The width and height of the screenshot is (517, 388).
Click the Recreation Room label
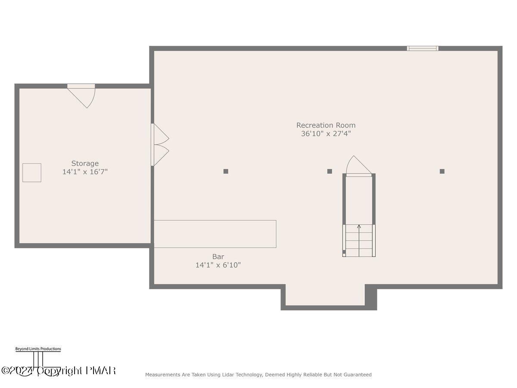(x=326, y=125)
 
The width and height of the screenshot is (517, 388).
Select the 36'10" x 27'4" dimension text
(x=326, y=134)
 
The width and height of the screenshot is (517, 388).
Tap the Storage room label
(x=85, y=163)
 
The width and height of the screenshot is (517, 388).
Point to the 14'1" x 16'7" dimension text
(x=85, y=172)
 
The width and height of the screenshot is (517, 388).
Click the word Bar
(x=218, y=257)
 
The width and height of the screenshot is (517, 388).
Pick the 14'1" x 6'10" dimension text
(x=218, y=265)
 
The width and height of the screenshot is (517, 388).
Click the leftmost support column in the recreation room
(x=226, y=171)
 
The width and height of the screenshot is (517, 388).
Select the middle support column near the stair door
(x=330, y=171)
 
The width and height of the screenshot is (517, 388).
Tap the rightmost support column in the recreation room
(x=442, y=171)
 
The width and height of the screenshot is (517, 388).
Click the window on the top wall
(x=423, y=48)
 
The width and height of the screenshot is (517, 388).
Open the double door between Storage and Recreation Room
(x=159, y=145)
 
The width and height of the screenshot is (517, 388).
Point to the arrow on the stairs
(x=359, y=227)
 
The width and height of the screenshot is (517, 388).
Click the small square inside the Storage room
(x=32, y=172)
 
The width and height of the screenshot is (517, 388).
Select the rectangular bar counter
(x=215, y=234)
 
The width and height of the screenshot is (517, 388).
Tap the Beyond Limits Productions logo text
(x=38, y=349)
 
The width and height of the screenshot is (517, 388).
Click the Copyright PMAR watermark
(x=59, y=371)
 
